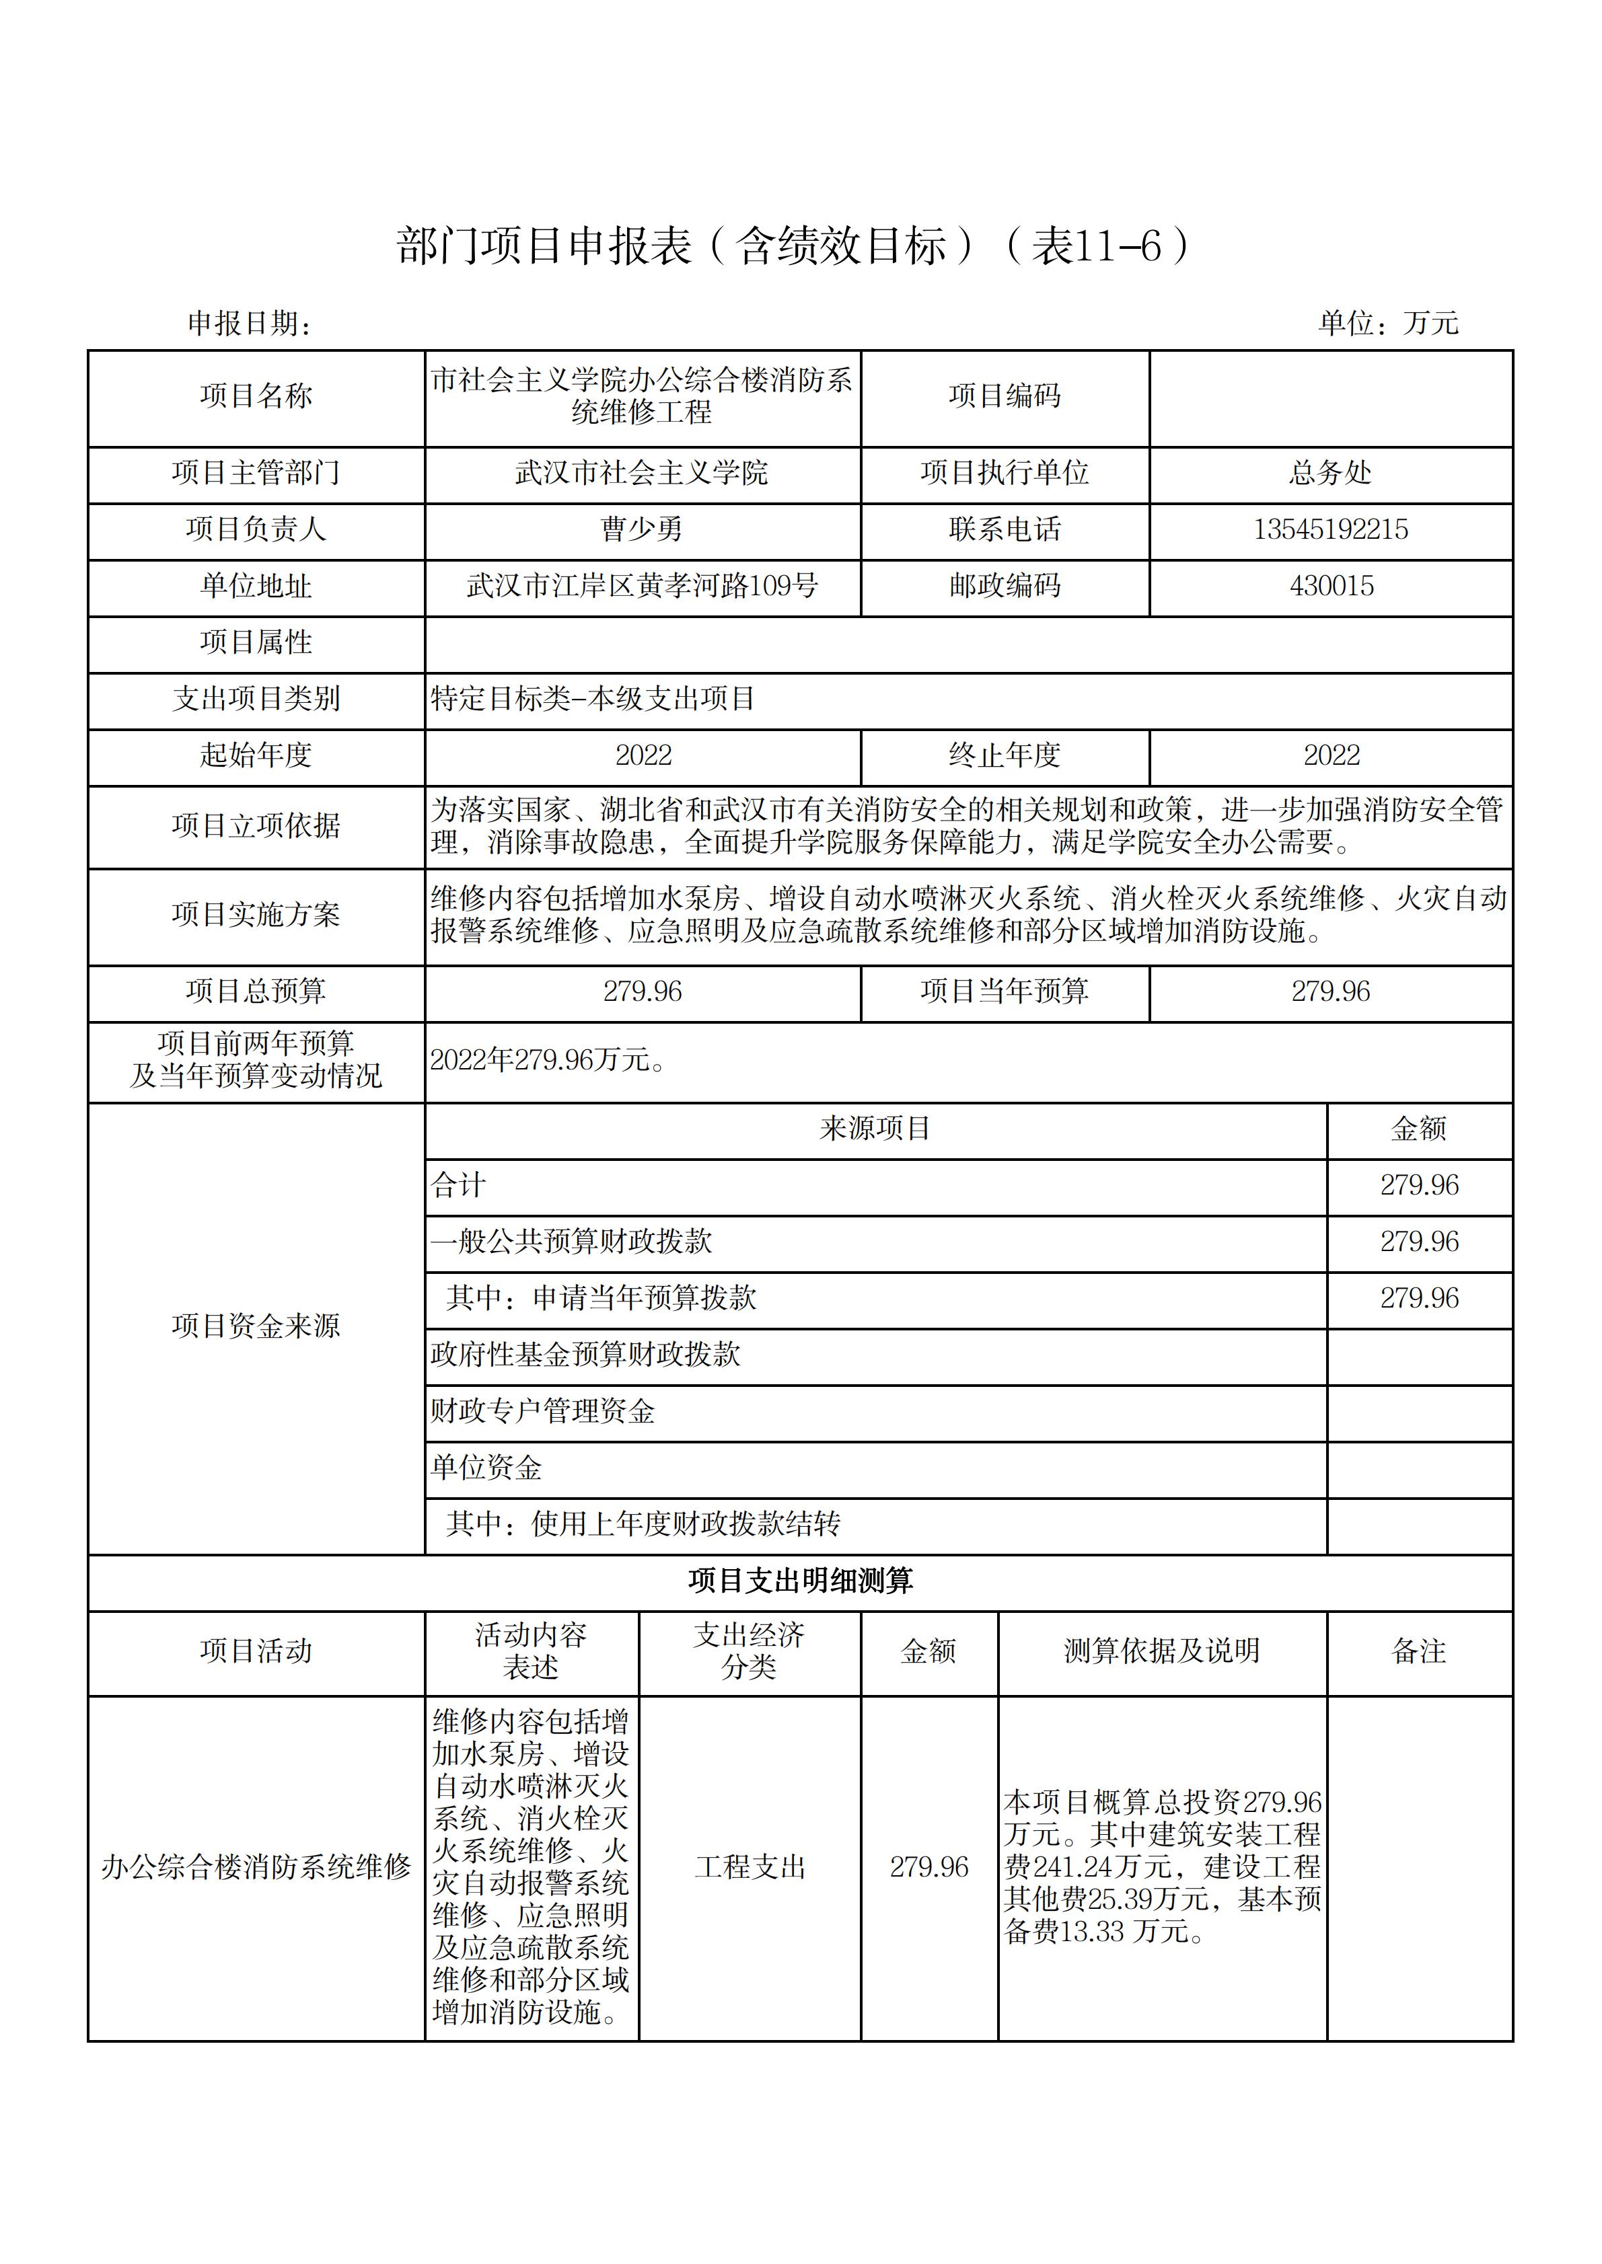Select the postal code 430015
pos(1331,586)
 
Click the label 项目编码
pos(1005,396)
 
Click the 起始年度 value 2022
pos(643,755)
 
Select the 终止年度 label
pos(1005,755)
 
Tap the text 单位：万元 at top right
pos(1388,322)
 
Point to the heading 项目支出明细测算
pos(800,1581)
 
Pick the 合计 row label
pos(459,1185)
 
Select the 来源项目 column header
pos(875,1129)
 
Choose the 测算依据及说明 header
pos(1162,1652)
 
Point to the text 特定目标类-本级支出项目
pos(593,699)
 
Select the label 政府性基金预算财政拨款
pos(585,1355)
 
